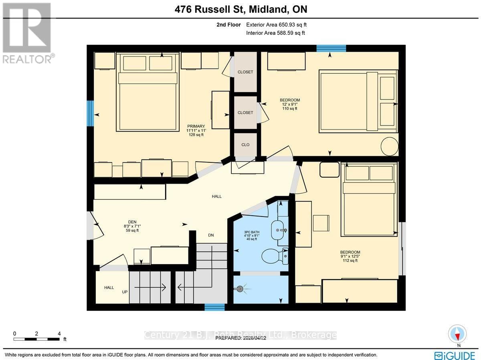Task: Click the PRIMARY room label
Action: [x=196, y=126]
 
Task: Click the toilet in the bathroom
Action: [x=275, y=255]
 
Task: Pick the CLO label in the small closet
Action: [x=245, y=145]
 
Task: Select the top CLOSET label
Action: [x=245, y=72]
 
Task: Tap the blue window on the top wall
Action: [x=331, y=49]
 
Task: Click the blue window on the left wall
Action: [x=91, y=113]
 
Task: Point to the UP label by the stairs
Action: [x=125, y=291]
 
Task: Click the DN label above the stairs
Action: [x=211, y=235]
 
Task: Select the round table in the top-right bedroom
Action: [x=390, y=147]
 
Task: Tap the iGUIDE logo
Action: [x=455, y=355]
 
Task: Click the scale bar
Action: [x=37, y=339]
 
